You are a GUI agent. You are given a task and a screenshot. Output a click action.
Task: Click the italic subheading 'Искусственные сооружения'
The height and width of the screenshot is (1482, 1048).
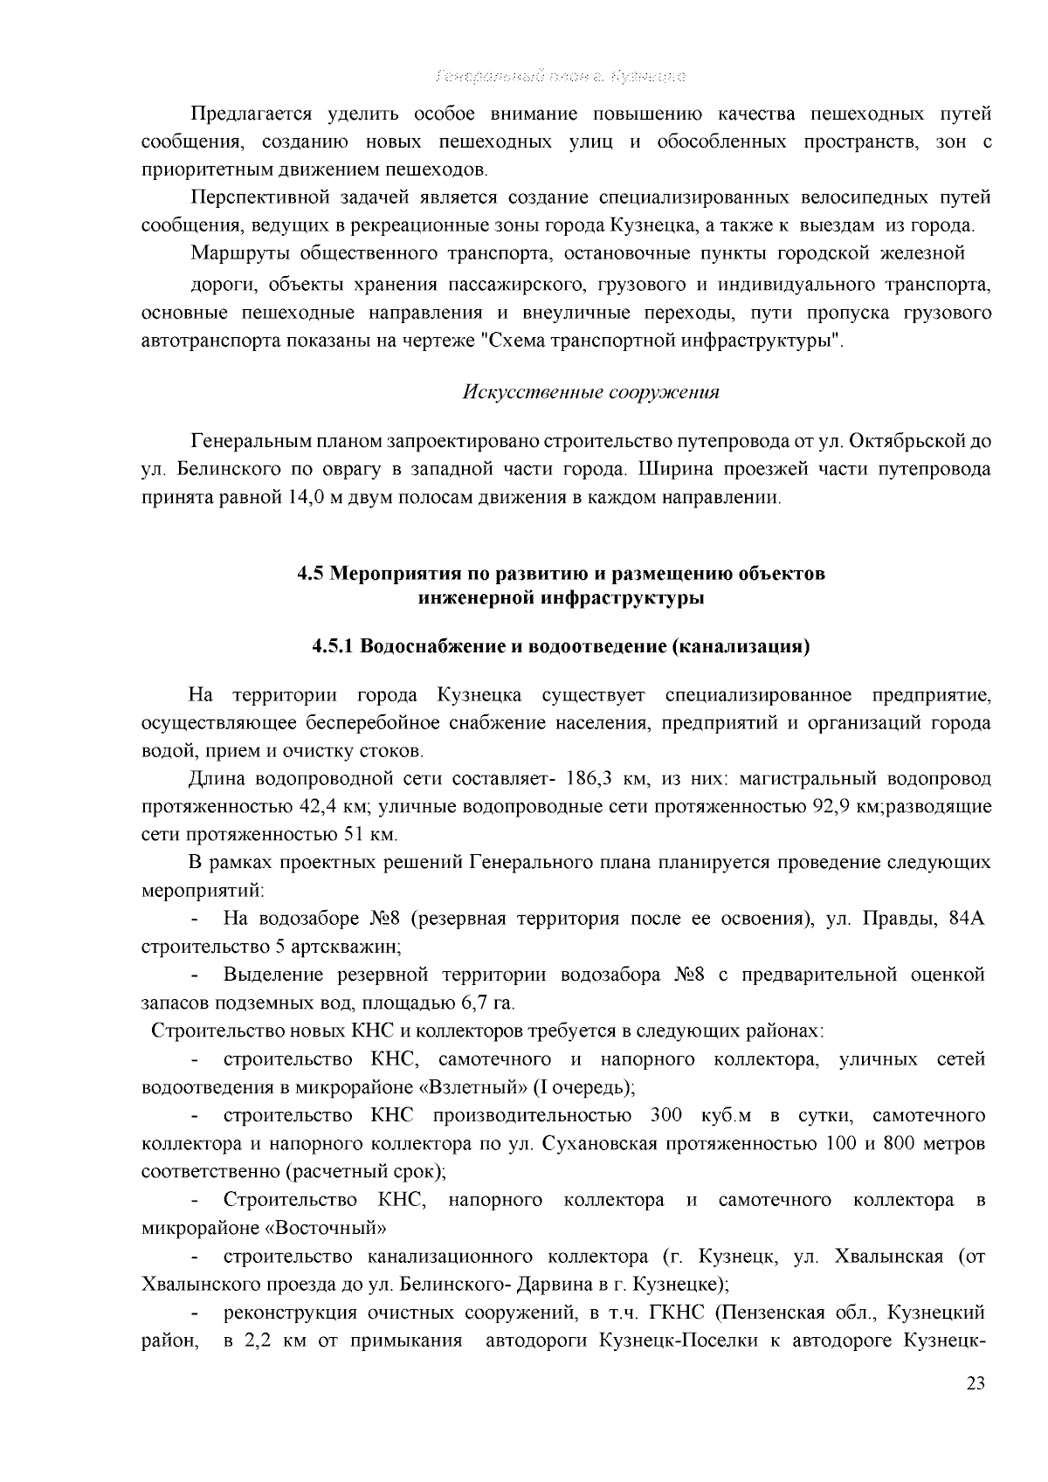[590, 392]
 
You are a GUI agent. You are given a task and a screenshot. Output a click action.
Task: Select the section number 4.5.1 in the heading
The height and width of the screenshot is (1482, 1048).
[332, 647]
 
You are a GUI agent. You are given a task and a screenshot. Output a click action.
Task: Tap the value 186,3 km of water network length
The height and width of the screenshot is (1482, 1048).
[591, 778]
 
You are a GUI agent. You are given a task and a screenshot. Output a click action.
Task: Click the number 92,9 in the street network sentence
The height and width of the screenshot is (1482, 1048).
[831, 806]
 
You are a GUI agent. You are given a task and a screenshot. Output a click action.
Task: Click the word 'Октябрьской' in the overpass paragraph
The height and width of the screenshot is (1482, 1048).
[905, 441]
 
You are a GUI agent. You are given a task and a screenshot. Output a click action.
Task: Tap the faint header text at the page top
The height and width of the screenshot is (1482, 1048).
[560, 76]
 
